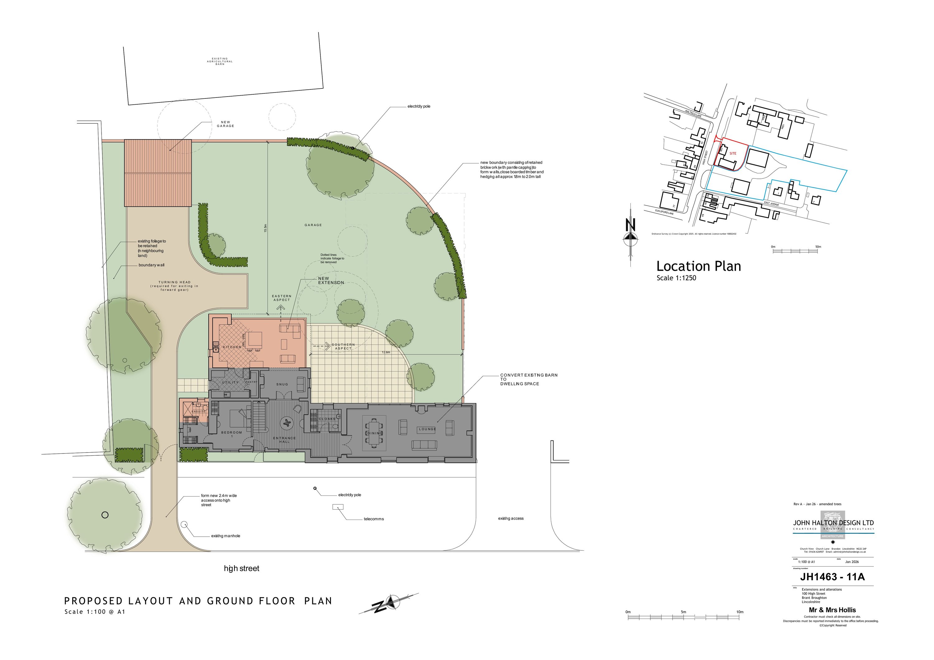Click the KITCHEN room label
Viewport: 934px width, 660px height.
[232, 347]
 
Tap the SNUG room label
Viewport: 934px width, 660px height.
[282, 384]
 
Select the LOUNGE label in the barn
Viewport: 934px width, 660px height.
[427, 429]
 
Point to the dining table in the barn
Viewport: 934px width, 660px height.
[375, 433]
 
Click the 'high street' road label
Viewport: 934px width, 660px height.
[241, 568]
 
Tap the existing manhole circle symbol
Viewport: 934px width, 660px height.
[184, 524]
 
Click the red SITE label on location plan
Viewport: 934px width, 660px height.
[733, 154]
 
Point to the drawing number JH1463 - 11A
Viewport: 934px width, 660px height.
[832, 577]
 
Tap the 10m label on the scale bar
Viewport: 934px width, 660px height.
[739, 612]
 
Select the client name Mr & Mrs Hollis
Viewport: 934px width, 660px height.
[832, 610]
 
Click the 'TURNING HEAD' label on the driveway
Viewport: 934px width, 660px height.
[175, 282]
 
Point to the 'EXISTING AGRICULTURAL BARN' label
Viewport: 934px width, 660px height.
[220, 61]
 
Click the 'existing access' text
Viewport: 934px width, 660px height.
[511, 518]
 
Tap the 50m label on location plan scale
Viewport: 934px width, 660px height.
[818, 247]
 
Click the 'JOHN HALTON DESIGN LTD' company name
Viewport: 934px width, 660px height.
[833, 523]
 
